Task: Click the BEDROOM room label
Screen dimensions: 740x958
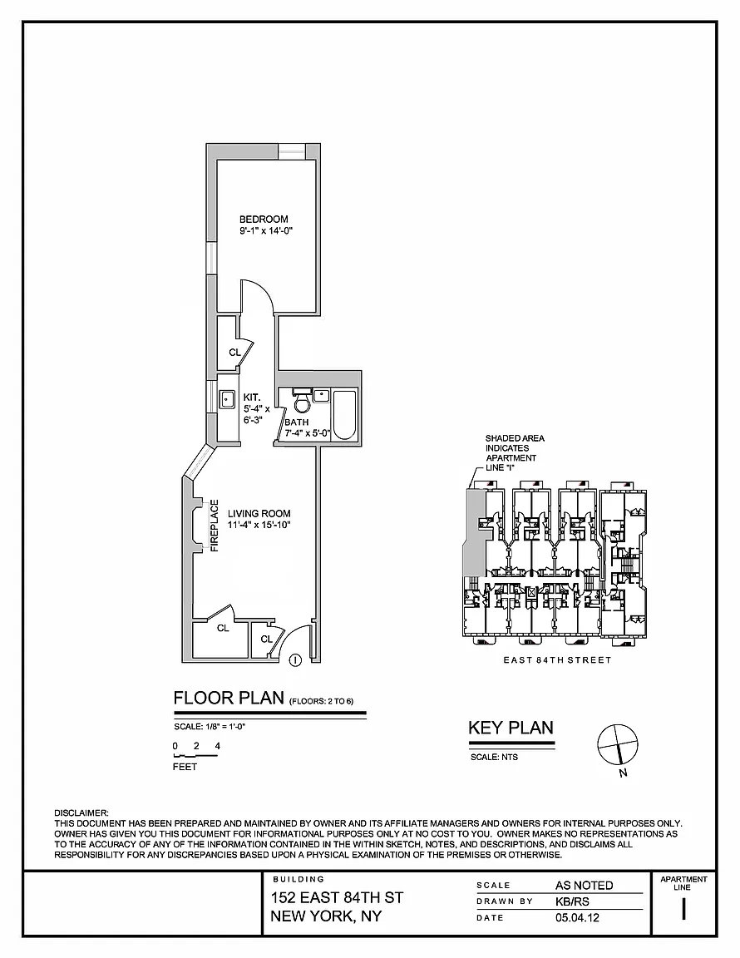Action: pyautogui.click(x=264, y=220)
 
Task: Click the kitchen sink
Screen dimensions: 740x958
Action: pyautogui.click(x=227, y=399)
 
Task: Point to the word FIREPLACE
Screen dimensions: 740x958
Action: pyautogui.click(x=215, y=526)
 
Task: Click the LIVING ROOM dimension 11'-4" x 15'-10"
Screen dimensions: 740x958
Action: pyautogui.click(x=259, y=525)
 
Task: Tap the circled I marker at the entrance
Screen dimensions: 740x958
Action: pyautogui.click(x=295, y=659)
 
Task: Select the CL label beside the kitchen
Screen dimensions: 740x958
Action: pyautogui.click(x=234, y=353)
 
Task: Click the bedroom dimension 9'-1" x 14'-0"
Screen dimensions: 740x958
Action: pyautogui.click(x=266, y=231)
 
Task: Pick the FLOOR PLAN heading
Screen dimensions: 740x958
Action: pyautogui.click(x=229, y=698)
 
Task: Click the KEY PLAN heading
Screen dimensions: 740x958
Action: pyautogui.click(x=511, y=728)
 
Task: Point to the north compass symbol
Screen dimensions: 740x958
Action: pyautogui.click(x=617, y=745)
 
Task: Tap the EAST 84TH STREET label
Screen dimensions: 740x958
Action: pyautogui.click(x=557, y=659)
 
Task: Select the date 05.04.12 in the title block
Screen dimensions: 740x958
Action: pyautogui.click(x=577, y=917)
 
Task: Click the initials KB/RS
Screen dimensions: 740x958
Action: pyautogui.click(x=572, y=901)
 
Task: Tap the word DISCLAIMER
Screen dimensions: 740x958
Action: pyautogui.click(x=81, y=813)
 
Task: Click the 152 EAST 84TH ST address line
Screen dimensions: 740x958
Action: pyautogui.click(x=337, y=897)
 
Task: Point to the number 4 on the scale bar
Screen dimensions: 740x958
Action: pyautogui.click(x=218, y=746)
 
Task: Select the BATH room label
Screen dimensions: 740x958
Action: pyautogui.click(x=297, y=422)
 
